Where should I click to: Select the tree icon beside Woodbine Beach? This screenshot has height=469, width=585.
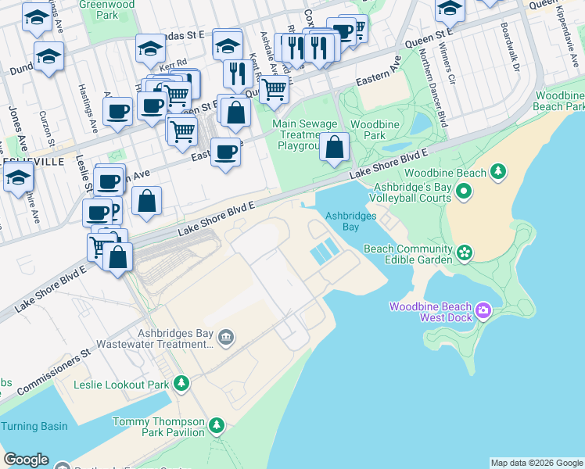click(497, 172)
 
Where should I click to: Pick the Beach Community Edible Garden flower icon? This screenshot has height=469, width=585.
click(465, 252)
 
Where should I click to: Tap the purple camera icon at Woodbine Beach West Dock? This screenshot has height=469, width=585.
click(483, 312)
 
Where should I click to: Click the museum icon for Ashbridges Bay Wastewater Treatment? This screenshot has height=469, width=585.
click(226, 337)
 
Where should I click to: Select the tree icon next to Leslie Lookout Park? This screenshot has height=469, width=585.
click(181, 383)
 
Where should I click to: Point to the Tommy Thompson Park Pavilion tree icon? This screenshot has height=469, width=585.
click(216, 426)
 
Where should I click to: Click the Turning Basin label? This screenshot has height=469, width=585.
click(34, 426)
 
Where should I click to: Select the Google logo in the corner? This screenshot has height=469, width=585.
click(26, 460)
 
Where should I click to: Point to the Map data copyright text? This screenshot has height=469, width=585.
click(537, 463)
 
